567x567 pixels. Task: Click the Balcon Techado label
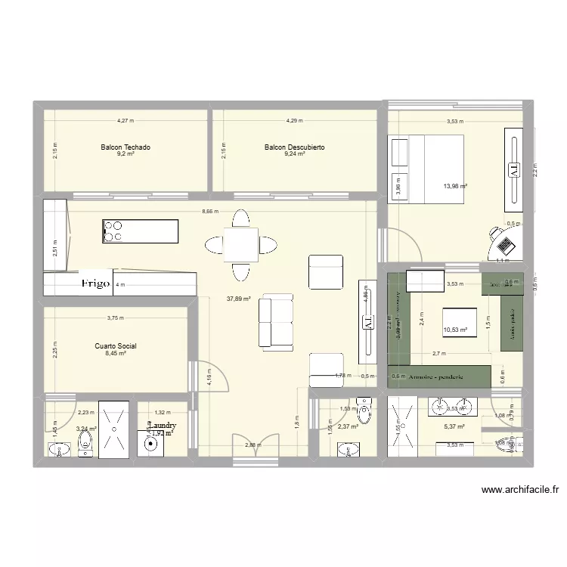(125, 147)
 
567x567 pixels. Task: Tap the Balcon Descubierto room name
(294, 147)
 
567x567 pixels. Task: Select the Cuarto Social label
(116, 345)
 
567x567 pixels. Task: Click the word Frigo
(97, 284)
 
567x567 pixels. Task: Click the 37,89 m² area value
(238, 299)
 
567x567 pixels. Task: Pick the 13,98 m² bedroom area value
(455, 186)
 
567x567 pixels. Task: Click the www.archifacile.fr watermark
(520, 489)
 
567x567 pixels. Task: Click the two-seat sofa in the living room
(275, 321)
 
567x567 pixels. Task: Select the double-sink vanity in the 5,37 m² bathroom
(453, 406)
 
